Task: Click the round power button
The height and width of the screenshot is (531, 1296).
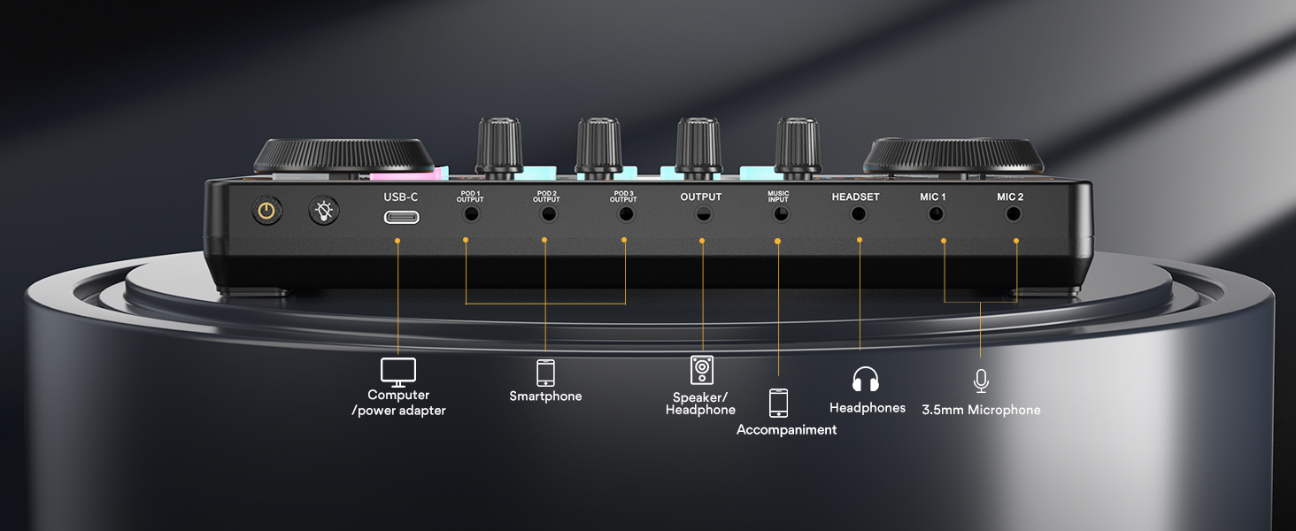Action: (265, 211)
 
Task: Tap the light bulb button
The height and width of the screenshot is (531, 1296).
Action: (323, 211)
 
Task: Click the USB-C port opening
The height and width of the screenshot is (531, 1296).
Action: (401, 215)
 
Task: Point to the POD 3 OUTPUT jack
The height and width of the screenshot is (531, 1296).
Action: (626, 214)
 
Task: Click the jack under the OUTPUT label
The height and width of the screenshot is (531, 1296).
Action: (701, 214)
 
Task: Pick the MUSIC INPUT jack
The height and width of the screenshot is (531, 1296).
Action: (778, 214)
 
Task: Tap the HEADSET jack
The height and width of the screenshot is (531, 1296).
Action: (857, 213)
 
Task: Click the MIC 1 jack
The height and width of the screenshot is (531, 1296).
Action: (932, 214)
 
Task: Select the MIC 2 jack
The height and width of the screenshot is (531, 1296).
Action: (1009, 214)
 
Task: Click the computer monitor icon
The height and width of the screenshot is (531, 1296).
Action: (398, 371)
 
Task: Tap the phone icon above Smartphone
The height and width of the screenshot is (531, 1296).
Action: (545, 372)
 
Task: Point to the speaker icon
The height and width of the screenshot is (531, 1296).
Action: (701, 369)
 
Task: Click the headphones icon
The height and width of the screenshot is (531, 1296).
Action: (865, 380)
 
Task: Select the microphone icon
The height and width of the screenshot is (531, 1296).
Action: (980, 381)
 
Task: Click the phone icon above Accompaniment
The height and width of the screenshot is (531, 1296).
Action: (778, 403)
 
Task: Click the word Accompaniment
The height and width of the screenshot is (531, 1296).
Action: (786, 430)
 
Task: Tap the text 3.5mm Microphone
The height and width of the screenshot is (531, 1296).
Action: (981, 410)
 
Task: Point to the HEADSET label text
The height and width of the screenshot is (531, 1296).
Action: (855, 196)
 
